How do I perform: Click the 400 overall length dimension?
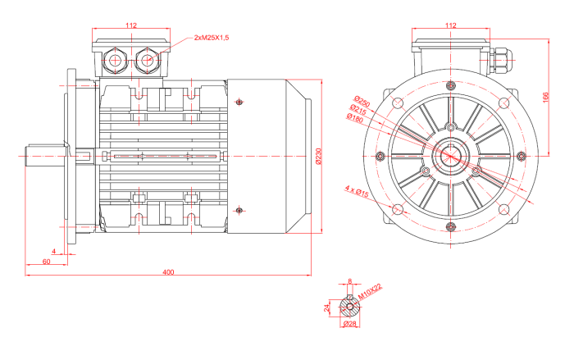[x=167, y=271]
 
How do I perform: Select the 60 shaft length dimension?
[x=46, y=261]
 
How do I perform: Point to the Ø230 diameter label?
[x=319, y=155]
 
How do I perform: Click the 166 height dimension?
[x=547, y=96]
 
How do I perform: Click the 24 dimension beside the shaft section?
[x=326, y=308]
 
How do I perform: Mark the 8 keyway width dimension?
[x=350, y=281]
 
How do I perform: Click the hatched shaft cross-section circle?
[x=350, y=308]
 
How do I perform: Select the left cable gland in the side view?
[x=115, y=60]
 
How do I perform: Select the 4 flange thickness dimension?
[x=53, y=250]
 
